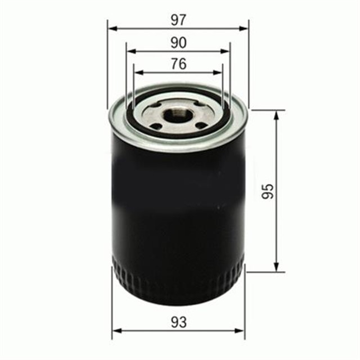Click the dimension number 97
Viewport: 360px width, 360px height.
click(178, 20)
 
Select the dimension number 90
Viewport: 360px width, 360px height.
click(178, 42)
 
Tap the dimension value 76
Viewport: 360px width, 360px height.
click(178, 64)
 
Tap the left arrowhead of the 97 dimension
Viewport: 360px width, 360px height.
click(111, 28)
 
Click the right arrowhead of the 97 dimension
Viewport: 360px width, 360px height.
click(245, 28)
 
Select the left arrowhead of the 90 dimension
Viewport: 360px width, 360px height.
click(130, 51)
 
